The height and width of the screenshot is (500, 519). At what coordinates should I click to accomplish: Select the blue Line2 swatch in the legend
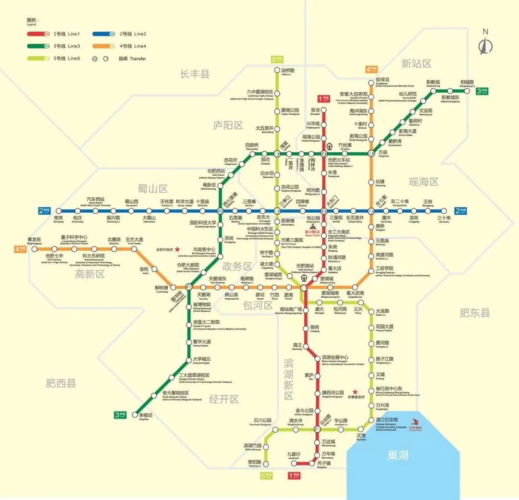tap(104, 34)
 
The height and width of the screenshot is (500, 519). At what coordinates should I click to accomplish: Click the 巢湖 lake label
tap(397, 454)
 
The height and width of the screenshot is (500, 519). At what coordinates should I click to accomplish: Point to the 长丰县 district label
tap(195, 73)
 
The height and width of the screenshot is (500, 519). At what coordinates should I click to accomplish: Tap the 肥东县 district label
tap(475, 313)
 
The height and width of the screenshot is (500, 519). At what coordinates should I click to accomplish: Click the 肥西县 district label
tap(61, 383)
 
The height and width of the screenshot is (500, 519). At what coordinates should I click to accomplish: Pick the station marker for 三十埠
tap(444, 210)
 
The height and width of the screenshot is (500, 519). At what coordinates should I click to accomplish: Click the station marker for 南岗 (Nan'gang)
tap(58, 210)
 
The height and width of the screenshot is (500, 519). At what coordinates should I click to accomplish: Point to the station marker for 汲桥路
tap(277, 70)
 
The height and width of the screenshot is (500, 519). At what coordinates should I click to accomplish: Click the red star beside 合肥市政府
tap(177, 249)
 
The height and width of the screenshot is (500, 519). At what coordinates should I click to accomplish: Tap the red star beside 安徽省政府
tap(355, 391)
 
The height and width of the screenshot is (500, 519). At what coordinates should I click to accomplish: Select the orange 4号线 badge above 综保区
tap(371, 69)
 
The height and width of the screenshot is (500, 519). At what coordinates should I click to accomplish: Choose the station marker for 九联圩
tap(295, 463)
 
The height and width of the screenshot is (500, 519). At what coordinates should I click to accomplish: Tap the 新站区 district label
tap(416, 63)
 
